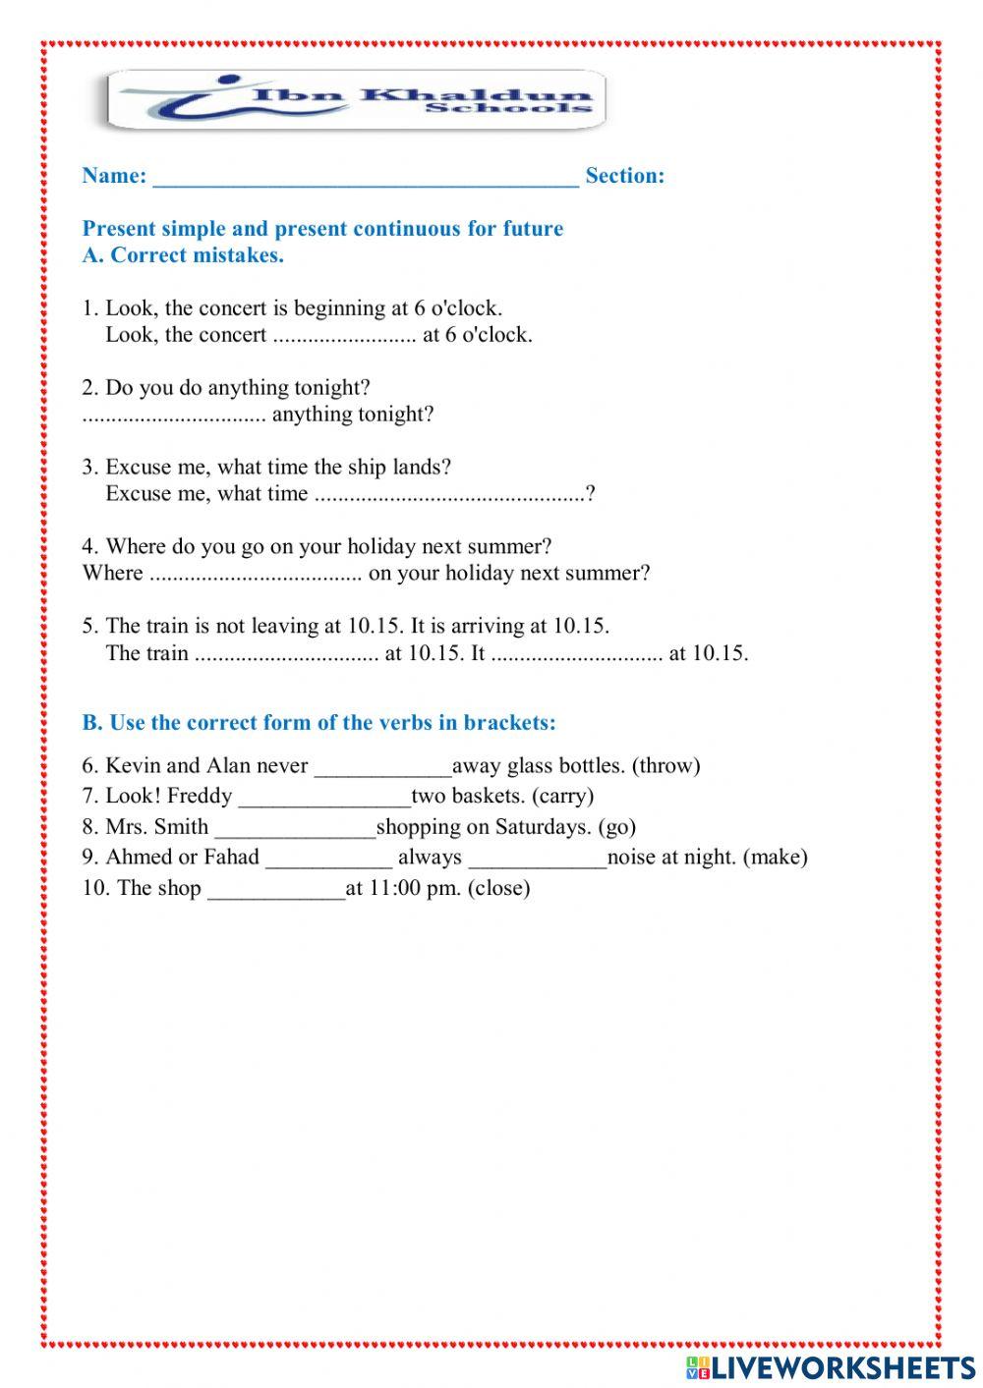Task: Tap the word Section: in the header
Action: click(625, 176)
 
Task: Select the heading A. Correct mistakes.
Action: click(183, 255)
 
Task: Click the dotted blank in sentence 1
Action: click(344, 336)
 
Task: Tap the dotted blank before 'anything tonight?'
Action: click(174, 416)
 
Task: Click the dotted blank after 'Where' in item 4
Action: click(256, 575)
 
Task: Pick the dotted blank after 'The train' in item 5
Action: click(286, 654)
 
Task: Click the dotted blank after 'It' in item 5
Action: click(577, 654)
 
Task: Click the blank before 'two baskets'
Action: click(324, 798)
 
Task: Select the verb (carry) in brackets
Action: click(562, 797)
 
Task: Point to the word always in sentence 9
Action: click(430, 858)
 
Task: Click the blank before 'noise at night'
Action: click(538, 859)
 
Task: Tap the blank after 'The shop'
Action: click(276, 890)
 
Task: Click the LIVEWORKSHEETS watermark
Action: click(831, 1366)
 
